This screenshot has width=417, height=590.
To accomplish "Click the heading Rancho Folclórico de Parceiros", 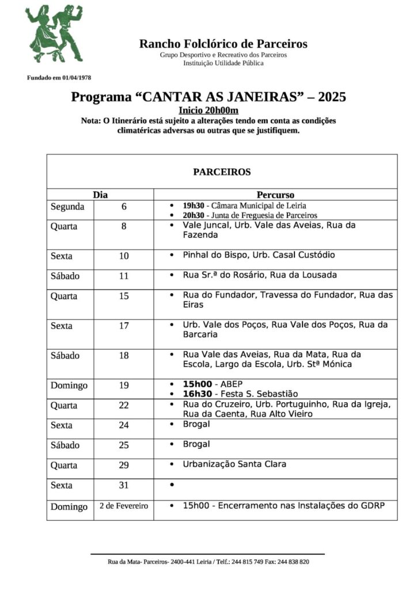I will pos(223,44).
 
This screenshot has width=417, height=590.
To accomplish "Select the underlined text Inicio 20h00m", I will pos(208,110).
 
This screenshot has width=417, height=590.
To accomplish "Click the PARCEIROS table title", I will pos(222,172).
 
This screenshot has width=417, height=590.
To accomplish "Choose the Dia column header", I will pos(100,195).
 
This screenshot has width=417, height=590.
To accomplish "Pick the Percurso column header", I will pos(275,195).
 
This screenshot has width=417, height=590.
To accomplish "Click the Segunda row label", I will pos(67,206).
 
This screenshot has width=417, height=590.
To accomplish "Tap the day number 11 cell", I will pos(124,275).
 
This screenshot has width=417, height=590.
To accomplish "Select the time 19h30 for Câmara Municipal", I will pos(193,205).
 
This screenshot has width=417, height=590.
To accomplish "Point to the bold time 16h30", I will pos(196,394).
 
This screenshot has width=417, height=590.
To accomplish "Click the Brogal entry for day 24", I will pos(196,425).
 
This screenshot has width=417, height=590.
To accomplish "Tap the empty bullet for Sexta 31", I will pos(172,485).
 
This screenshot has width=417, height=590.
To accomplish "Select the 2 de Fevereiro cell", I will pos(124,506).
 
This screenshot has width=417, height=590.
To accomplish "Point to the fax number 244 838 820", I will pos(294,562).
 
